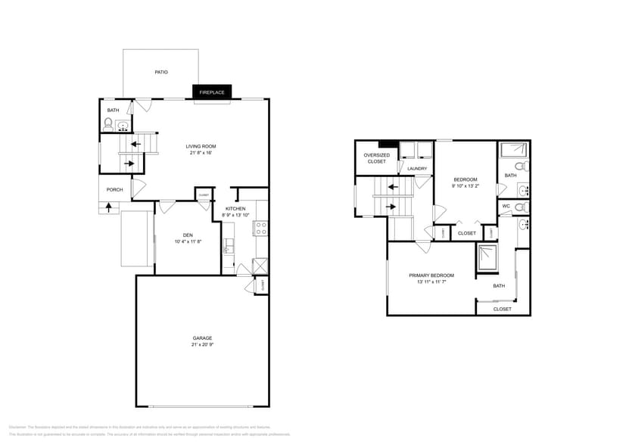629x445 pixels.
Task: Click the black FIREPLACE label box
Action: (212, 92)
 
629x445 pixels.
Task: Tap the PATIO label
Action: (161, 73)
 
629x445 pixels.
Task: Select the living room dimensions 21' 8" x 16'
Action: (202, 153)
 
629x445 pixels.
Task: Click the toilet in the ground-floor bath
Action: (108, 123)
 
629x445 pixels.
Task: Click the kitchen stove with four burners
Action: (260, 228)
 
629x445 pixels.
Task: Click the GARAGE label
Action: (202, 338)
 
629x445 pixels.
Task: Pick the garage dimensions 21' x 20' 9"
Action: (202, 345)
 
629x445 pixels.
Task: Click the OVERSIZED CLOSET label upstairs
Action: (377, 158)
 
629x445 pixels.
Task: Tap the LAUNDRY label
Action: (417, 169)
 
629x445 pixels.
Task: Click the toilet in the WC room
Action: (520, 207)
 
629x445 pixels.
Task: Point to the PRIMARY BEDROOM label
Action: (431, 275)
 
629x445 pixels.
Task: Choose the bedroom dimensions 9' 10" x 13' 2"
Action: (465, 185)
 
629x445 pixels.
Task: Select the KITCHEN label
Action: (235, 209)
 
